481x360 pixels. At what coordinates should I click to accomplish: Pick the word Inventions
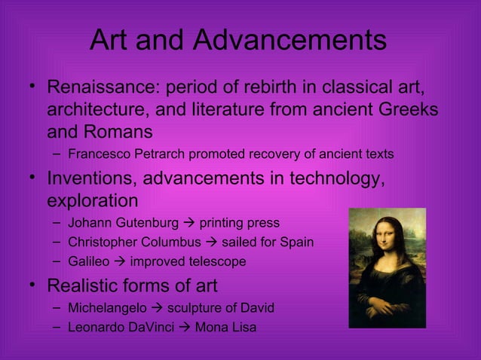click(x=92, y=179)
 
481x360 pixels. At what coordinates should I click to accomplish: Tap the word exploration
click(x=92, y=202)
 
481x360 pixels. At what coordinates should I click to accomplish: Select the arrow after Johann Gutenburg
click(x=188, y=223)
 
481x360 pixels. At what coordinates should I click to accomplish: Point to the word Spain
click(x=296, y=243)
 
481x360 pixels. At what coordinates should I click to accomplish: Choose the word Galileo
click(x=88, y=262)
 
